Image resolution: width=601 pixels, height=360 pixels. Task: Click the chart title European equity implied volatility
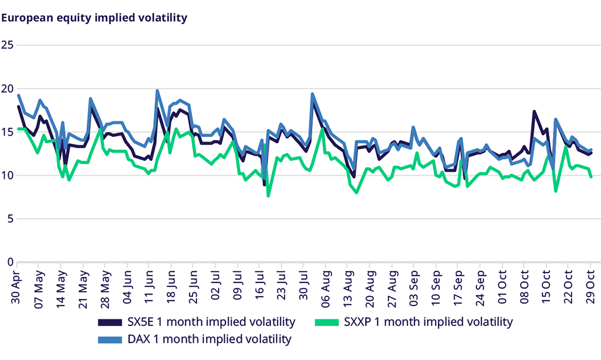click(94, 18)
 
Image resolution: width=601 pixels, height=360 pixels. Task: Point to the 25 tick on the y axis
click(8, 45)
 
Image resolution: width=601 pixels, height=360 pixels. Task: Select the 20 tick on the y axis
click(8, 89)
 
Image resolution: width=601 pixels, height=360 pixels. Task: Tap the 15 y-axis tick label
click(8, 132)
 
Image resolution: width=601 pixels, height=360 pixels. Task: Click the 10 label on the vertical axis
click(8, 176)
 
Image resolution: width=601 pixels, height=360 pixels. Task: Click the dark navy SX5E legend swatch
click(110, 322)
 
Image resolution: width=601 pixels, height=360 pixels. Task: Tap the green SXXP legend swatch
click(329, 322)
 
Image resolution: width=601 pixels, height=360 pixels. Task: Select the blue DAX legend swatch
click(110, 339)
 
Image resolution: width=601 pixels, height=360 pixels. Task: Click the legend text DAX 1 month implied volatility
click(210, 339)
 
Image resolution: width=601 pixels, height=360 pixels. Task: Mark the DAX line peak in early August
click(312, 94)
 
